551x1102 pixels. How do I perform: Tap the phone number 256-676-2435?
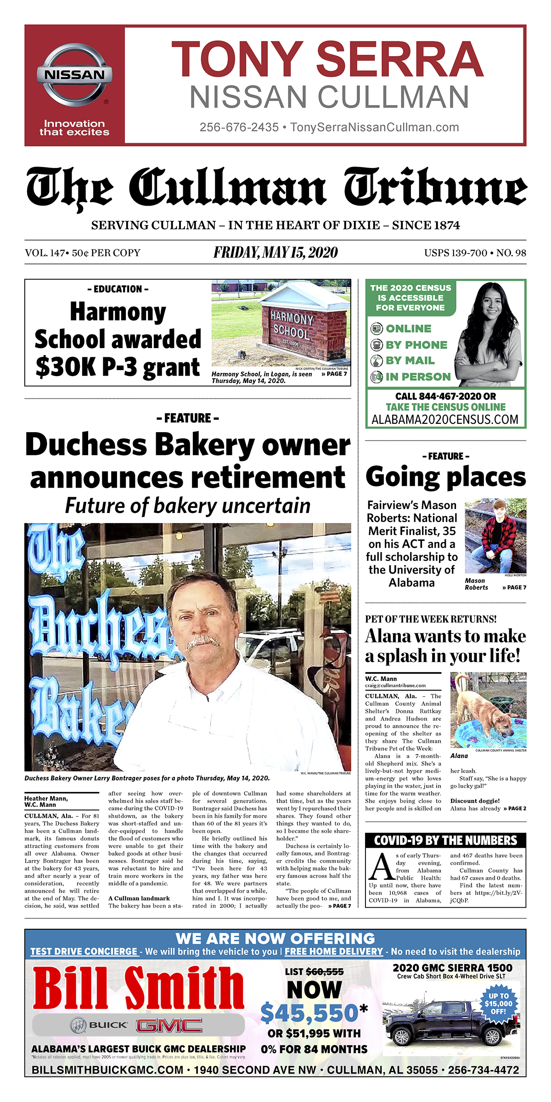(239, 127)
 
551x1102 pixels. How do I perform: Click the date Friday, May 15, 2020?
(275, 253)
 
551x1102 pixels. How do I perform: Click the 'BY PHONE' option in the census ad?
(416, 345)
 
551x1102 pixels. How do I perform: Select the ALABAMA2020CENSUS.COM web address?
(444, 419)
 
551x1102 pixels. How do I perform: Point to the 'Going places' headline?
(445, 477)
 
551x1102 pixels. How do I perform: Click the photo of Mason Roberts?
(495, 536)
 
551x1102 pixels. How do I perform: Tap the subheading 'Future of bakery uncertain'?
(188, 506)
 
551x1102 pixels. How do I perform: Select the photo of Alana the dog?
(488, 710)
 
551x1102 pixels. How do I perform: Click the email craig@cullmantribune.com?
(395, 686)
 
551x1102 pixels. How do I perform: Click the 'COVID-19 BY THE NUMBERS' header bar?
(445, 841)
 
